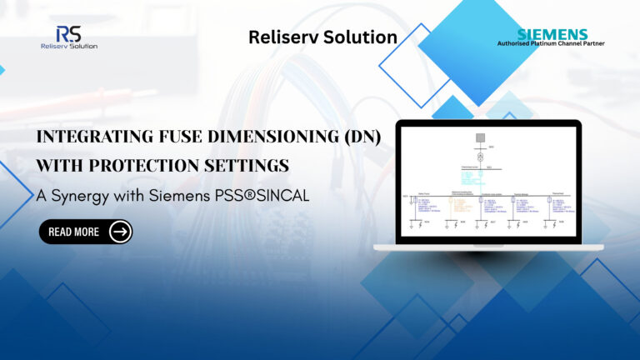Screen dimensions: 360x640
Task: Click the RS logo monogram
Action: [68, 33]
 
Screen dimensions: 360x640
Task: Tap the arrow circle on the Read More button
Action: [120, 232]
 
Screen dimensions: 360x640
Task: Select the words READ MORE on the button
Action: [73, 232]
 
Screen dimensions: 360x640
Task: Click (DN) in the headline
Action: [358, 138]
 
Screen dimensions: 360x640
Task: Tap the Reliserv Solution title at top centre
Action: [322, 37]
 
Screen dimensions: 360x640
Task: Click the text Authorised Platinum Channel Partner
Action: [551, 44]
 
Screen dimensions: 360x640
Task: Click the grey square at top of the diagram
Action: [479, 137]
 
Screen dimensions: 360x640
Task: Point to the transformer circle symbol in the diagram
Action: [479, 156]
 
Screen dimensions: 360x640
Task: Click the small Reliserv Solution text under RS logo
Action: [68, 47]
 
